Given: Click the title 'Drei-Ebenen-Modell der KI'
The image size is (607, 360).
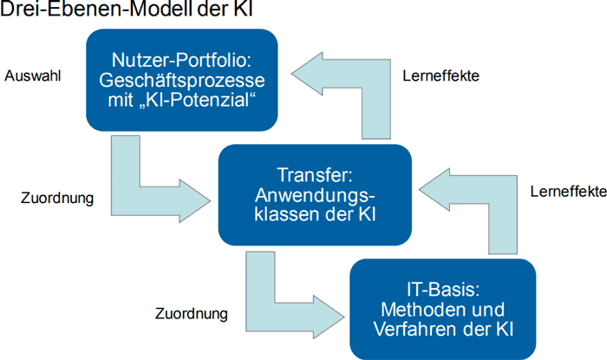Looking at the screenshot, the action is click(127, 9).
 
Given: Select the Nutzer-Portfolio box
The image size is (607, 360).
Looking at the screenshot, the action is click(182, 80).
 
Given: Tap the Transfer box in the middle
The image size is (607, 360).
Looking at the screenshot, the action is click(315, 194).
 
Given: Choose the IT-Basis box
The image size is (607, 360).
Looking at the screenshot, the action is click(443, 310).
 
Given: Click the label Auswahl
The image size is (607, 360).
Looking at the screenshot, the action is click(33, 75).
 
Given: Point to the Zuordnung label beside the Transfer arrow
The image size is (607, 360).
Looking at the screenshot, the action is click(57, 198).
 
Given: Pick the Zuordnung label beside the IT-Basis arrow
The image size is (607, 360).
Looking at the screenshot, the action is click(192, 313).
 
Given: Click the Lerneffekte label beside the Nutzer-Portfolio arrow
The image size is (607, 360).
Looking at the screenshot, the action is click(441, 75).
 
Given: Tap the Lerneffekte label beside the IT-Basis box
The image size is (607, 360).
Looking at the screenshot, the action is click(568, 191).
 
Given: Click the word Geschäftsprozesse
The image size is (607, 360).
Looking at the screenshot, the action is click(182, 80).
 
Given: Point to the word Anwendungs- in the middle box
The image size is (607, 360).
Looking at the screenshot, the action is click(315, 195).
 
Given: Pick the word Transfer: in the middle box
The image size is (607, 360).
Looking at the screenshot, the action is click(315, 175).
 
